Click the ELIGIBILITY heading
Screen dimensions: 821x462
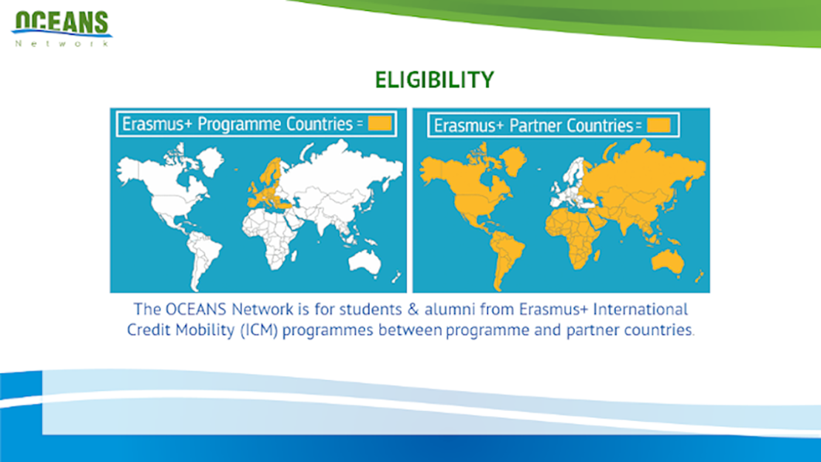click(435, 80)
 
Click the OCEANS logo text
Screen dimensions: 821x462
click(62, 22)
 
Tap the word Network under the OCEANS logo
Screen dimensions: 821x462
click(62, 44)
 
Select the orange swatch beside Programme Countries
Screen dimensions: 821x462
click(379, 123)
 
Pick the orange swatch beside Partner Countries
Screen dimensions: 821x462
click(659, 125)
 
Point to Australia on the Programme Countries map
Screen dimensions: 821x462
click(365, 261)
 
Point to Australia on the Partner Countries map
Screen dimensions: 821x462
click(668, 262)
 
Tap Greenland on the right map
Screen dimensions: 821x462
click(513, 160)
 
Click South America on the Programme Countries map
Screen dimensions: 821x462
click(202, 257)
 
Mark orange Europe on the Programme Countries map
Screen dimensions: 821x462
click(268, 188)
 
